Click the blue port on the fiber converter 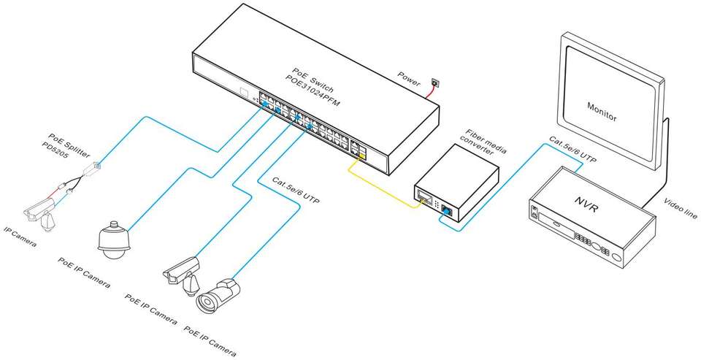point(446,212)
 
